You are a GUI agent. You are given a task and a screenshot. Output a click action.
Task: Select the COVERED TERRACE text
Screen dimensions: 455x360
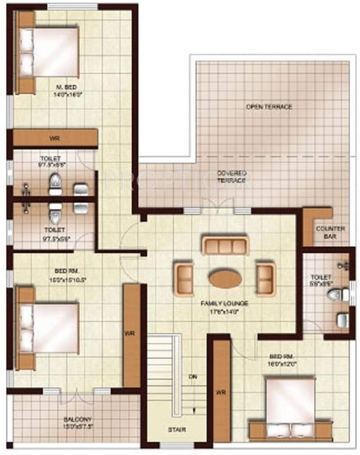click(231, 176)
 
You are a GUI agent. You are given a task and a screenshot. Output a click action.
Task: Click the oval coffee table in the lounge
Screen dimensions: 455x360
click(225, 278)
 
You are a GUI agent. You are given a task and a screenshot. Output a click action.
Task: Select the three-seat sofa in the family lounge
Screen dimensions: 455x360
click(225, 245)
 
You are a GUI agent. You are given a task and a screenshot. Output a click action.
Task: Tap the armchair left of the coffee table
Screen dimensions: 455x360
click(185, 278)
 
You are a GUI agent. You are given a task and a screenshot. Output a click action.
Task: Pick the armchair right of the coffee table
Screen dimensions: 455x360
click(265, 278)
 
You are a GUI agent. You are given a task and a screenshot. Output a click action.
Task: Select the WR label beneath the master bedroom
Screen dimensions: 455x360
click(55, 139)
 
